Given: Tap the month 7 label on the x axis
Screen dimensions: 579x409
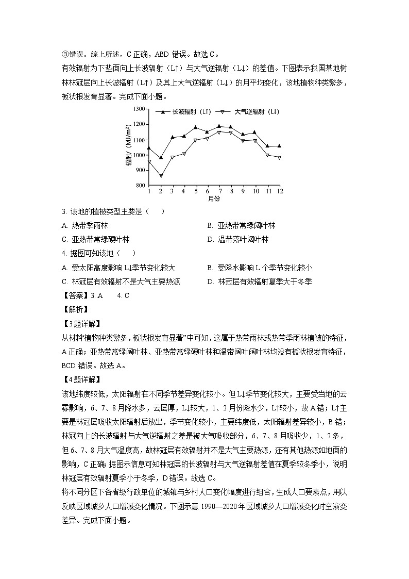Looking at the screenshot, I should [x=220, y=191].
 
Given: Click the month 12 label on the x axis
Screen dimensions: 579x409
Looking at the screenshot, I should [x=280, y=191].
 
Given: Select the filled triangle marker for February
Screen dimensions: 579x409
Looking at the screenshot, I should [x=161, y=157].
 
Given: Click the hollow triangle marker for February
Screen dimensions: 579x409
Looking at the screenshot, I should [x=161, y=176].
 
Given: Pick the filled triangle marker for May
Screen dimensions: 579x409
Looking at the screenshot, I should [x=196, y=127].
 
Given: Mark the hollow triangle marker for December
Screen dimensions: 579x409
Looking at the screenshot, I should [x=280, y=158].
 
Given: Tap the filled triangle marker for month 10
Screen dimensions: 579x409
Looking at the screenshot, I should [x=254, y=132].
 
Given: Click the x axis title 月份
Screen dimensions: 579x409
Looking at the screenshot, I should [x=214, y=198].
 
